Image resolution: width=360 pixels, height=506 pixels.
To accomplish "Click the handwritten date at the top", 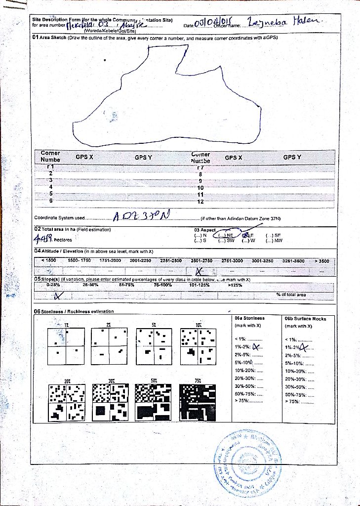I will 214,24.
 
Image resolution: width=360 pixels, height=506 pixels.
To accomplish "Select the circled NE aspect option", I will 227,235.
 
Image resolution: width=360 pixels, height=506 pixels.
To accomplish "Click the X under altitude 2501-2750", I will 199,271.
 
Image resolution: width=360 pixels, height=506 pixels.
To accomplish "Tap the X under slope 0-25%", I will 58,295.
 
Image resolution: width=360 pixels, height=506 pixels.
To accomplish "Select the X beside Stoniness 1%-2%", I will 256,347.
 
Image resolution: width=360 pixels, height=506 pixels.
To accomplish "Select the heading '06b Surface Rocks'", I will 305,319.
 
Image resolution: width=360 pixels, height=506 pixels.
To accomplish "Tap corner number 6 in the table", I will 50,201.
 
